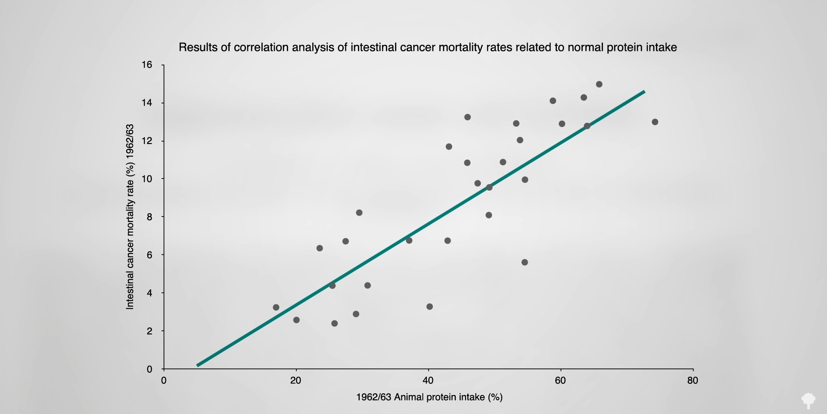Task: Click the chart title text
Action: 428,47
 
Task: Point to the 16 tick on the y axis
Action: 147,65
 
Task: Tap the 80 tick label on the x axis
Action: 693,380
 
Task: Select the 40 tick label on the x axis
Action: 428,380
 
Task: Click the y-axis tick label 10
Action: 147,179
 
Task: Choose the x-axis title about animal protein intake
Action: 429,397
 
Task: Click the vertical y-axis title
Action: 130,217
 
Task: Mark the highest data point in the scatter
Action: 599,84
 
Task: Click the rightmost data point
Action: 655,122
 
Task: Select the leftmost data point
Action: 276,307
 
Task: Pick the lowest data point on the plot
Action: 335,323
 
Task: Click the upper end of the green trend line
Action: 644,92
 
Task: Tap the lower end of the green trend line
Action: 198,365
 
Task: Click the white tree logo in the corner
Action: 808,400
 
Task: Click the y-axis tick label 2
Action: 149,331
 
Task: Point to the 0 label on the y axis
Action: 149,369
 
